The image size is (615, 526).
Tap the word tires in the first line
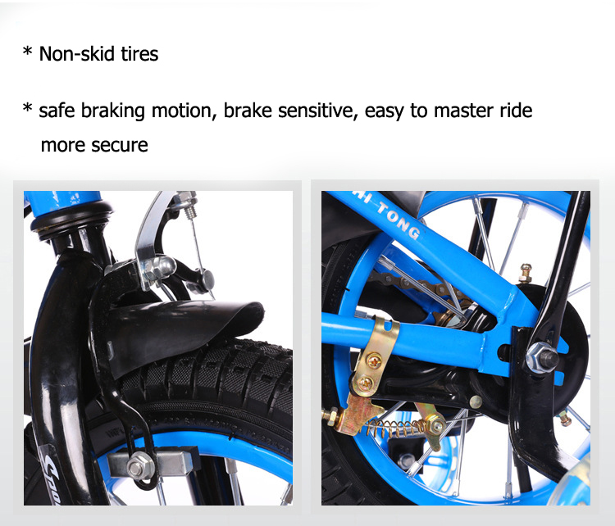[x=139, y=54]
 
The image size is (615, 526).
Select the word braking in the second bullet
[x=113, y=111]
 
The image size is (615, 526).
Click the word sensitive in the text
[x=317, y=111]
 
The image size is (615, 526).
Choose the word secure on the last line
[x=120, y=145]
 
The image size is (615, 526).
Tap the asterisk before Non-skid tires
[x=27, y=52]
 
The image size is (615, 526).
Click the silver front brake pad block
[x=153, y=465]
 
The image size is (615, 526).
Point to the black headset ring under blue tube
[x=71, y=220]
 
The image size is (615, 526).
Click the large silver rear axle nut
[x=542, y=357]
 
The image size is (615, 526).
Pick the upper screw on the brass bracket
[x=374, y=360]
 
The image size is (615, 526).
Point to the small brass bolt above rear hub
[x=526, y=273]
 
